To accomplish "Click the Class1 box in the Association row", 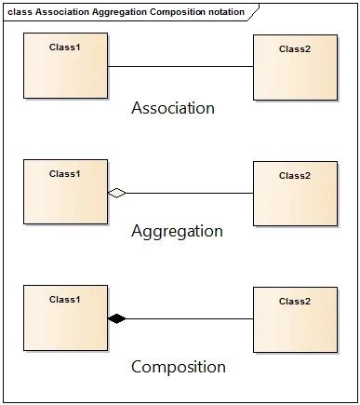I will (x=65, y=66).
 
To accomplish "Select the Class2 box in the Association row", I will (x=295, y=68).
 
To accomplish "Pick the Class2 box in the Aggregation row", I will (x=295, y=194).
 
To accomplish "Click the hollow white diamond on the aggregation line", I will (x=116, y=193).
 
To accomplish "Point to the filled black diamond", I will (x=116, y=318).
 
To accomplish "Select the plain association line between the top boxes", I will (x=180, y=66).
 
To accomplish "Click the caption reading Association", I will (x=173, y=108).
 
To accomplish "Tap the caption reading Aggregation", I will (x=177, y=231).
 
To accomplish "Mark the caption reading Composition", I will (x=178, y=366).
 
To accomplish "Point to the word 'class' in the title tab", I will (x=20, y=12).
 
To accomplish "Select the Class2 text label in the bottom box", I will (x=295, y=302).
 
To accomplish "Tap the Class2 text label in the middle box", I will (x=295, y=175).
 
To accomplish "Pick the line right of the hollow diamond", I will (x=191, y=193).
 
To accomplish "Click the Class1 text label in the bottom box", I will (x=65, y=300).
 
